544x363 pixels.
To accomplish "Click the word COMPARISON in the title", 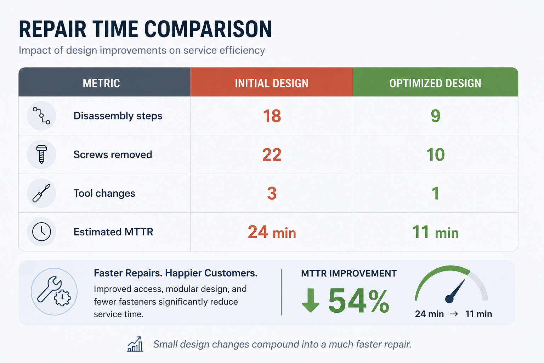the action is pos(208,29).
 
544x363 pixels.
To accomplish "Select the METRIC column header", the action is pos(101,83).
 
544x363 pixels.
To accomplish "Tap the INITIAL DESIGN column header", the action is pos(272,83).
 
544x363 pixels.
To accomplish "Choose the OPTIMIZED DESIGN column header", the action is pos(435,83).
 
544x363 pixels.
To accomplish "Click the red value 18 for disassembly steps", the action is pos(272,116).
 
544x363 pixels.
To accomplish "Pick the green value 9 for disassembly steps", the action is pos(435,116).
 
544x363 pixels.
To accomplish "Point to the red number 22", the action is pos(272,155).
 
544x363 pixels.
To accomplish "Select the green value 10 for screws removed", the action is pos(435,155).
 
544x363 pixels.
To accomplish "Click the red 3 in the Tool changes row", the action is pos(272,193).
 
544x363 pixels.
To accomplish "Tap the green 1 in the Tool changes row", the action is pos(436,193).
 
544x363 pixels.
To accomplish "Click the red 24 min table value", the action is pos(272,232).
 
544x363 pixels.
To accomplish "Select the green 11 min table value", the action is pos(435,232).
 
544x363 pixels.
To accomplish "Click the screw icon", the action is pos(41,155).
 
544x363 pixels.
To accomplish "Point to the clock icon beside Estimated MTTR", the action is pos(41,231).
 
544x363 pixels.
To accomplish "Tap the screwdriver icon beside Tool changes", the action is pos(41,193).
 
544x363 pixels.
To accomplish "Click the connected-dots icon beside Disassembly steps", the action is pos(41,116).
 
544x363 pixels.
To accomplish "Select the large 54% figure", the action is pos(359,301).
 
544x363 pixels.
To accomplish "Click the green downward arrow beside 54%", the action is pos(310,300).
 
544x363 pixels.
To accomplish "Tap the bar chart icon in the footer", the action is pos(135,344).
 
